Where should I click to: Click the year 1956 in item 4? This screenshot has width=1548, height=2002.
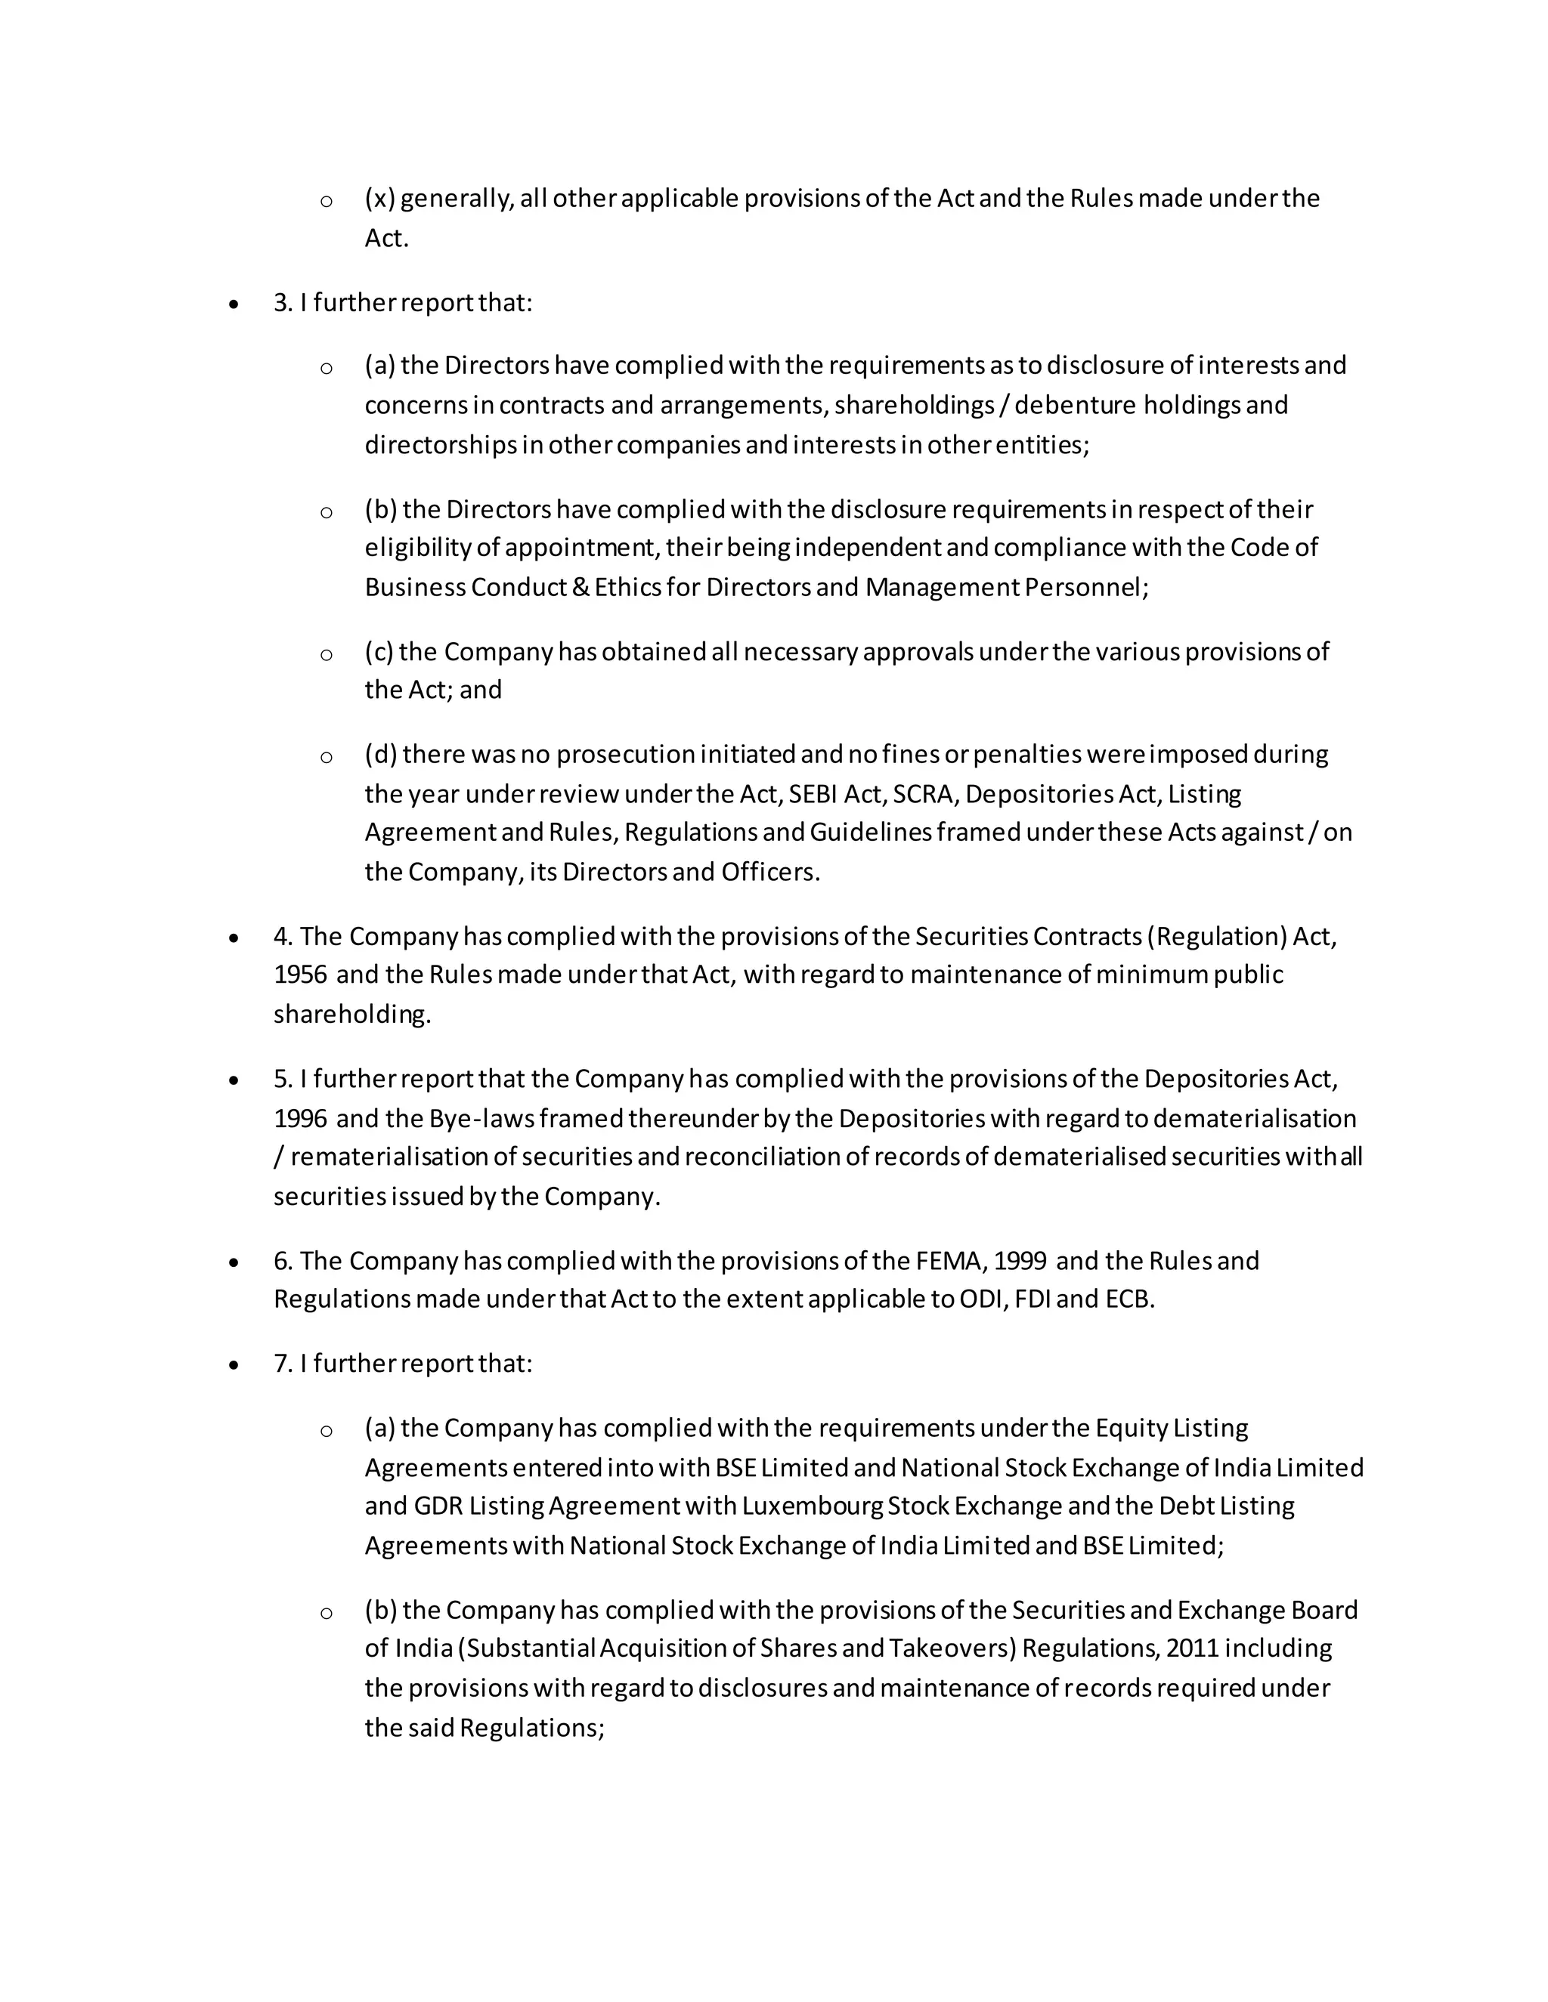click(x=300, y=975)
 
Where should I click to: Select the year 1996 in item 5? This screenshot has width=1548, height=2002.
click(x=300, y=1118)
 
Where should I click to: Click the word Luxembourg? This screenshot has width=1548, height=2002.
click(x=812, y=1506)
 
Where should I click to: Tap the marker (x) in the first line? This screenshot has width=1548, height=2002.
click(x=379, y=199)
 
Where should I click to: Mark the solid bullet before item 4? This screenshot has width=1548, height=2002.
click(x=235, y=938)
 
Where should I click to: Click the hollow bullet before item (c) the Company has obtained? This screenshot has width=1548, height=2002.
click(x=326, y=654)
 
